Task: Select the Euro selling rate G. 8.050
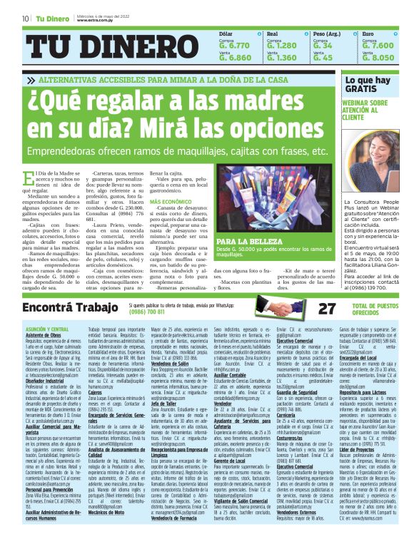[x=378, y=58]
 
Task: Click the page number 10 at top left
[x=26, y=19]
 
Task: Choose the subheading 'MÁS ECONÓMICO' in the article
[x=170, y=202]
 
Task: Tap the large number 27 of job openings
[x=307, y=308]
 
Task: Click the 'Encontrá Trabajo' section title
[x=66, y=307]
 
